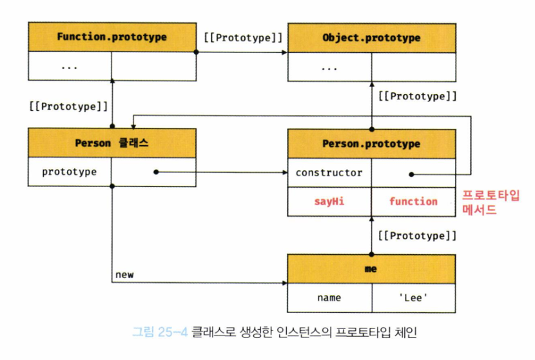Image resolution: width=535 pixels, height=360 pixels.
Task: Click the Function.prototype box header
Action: click(x=112, y=37)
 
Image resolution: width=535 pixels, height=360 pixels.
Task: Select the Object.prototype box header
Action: click(x=371, y=37)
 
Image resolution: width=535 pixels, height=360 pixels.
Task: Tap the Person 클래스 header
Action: click(x=112, y=143)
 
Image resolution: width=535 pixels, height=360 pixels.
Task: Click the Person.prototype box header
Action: click(x=371, y=143)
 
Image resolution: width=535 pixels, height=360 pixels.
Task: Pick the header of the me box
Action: click(x=371, y=268)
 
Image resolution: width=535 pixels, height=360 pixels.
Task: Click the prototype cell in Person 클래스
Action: click(x=70, y=172)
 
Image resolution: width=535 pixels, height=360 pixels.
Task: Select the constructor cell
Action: click(x=329, y=173)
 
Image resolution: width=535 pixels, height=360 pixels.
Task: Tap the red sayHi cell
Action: click(x=329, y=201)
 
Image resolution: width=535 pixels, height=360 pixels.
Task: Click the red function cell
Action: click(x=413, y=201)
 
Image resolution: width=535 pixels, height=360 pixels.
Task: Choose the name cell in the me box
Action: click(x=329, y=297)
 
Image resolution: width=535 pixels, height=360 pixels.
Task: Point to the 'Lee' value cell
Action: click(x=413, y=297)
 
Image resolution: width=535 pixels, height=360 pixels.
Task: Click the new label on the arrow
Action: click(x=124, y=275)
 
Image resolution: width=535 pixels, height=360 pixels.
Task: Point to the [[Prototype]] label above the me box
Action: click(x=418, y=235)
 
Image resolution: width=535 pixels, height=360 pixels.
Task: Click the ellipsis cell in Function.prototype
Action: click(x=70, y=66)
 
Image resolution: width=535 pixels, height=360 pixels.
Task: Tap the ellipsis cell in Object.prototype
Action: click(x=329, y=66)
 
